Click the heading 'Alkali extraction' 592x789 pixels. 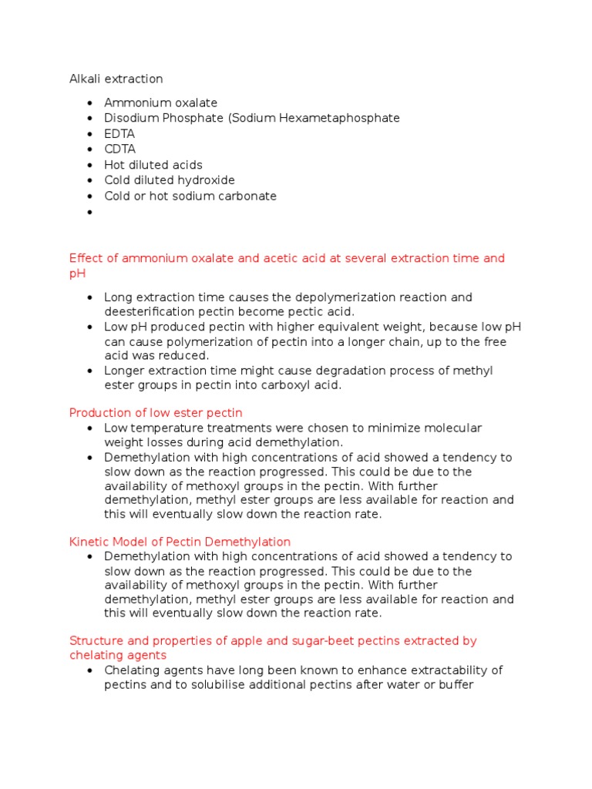116,79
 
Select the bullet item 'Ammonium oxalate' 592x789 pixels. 160,102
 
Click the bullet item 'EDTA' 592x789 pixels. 119,134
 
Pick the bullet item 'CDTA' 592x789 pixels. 119,149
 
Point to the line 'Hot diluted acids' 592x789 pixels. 153,165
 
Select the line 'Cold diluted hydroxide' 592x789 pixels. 170,180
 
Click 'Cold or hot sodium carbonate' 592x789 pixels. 190,196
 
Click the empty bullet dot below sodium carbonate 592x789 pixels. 90,212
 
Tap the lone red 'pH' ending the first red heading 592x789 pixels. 77,273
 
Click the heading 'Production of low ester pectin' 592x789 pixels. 156,413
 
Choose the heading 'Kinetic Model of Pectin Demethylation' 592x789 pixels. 180,542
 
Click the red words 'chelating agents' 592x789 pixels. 118,655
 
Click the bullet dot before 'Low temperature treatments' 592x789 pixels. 90,428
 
